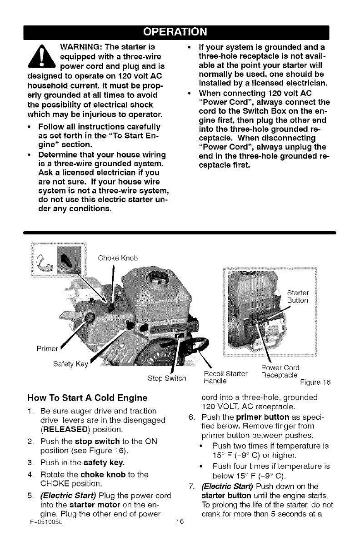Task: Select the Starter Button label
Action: [x=298, y=296]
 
